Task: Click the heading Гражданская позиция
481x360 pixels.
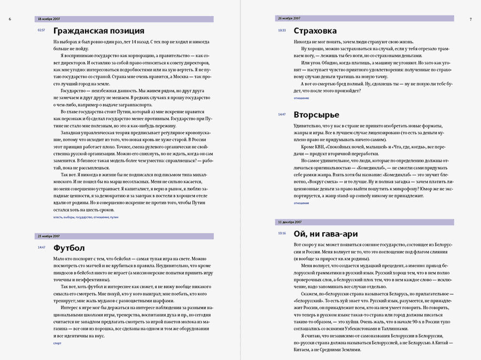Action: [99, 30]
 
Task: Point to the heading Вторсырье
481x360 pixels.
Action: [315, 114]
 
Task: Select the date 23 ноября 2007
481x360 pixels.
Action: [49, 236]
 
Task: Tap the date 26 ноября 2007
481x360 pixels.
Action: [289, 19]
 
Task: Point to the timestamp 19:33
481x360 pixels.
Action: [282, 30]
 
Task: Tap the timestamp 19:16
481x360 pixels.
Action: [282, 233]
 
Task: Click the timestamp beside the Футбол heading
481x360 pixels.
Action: [41, 247]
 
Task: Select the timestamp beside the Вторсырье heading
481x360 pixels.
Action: [282, 114]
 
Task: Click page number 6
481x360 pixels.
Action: [10, 19]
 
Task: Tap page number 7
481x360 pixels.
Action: [470, 19]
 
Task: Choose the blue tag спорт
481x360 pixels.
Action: [58, 343]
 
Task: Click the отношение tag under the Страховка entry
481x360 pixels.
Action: [301, 98]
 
